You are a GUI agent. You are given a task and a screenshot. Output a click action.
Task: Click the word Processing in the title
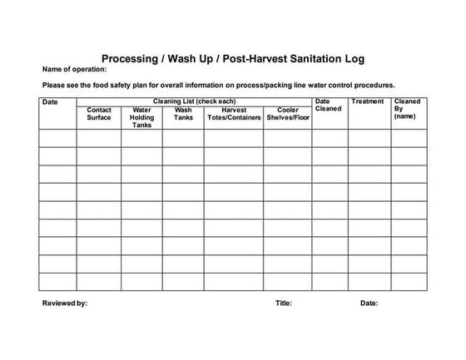[132, 59]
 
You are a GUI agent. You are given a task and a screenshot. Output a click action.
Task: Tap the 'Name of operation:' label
[75, 71]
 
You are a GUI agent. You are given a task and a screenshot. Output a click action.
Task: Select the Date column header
[50, 102]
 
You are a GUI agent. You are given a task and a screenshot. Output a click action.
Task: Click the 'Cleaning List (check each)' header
[195, 101]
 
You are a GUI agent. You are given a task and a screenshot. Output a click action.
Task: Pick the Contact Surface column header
[99, 114]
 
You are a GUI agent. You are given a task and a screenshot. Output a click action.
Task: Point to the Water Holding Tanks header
[141, 117]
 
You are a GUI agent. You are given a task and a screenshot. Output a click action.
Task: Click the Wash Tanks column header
[183, 114]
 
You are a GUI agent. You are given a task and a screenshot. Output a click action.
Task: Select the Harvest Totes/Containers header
[234, 114]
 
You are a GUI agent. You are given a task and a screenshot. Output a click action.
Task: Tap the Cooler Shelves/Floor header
[288, 114]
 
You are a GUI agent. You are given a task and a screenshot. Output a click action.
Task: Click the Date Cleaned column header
[328, 106]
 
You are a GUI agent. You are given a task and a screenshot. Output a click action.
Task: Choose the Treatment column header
[368, 101]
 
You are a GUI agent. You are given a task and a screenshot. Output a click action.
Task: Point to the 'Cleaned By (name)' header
[407, 109]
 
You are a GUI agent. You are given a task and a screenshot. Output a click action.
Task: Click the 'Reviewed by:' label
[65, 303]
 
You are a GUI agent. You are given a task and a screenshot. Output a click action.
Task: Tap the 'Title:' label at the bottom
[284, 303]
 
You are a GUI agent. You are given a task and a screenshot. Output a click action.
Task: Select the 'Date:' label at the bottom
[369, 303]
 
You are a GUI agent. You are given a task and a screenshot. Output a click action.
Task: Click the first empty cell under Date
[58, 138]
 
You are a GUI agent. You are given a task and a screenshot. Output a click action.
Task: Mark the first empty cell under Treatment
[369, 138]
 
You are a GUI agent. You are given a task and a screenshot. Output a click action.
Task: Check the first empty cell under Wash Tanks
[183, 138]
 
